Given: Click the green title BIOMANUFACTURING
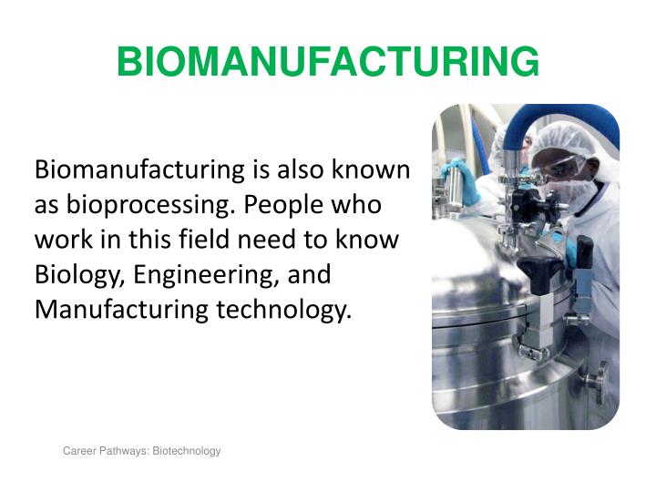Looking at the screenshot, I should coord(328,62).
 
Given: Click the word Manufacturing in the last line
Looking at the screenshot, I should coord(122,310).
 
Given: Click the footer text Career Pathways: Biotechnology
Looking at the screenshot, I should coord(141,451).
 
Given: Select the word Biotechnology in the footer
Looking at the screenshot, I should coord(186,451).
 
